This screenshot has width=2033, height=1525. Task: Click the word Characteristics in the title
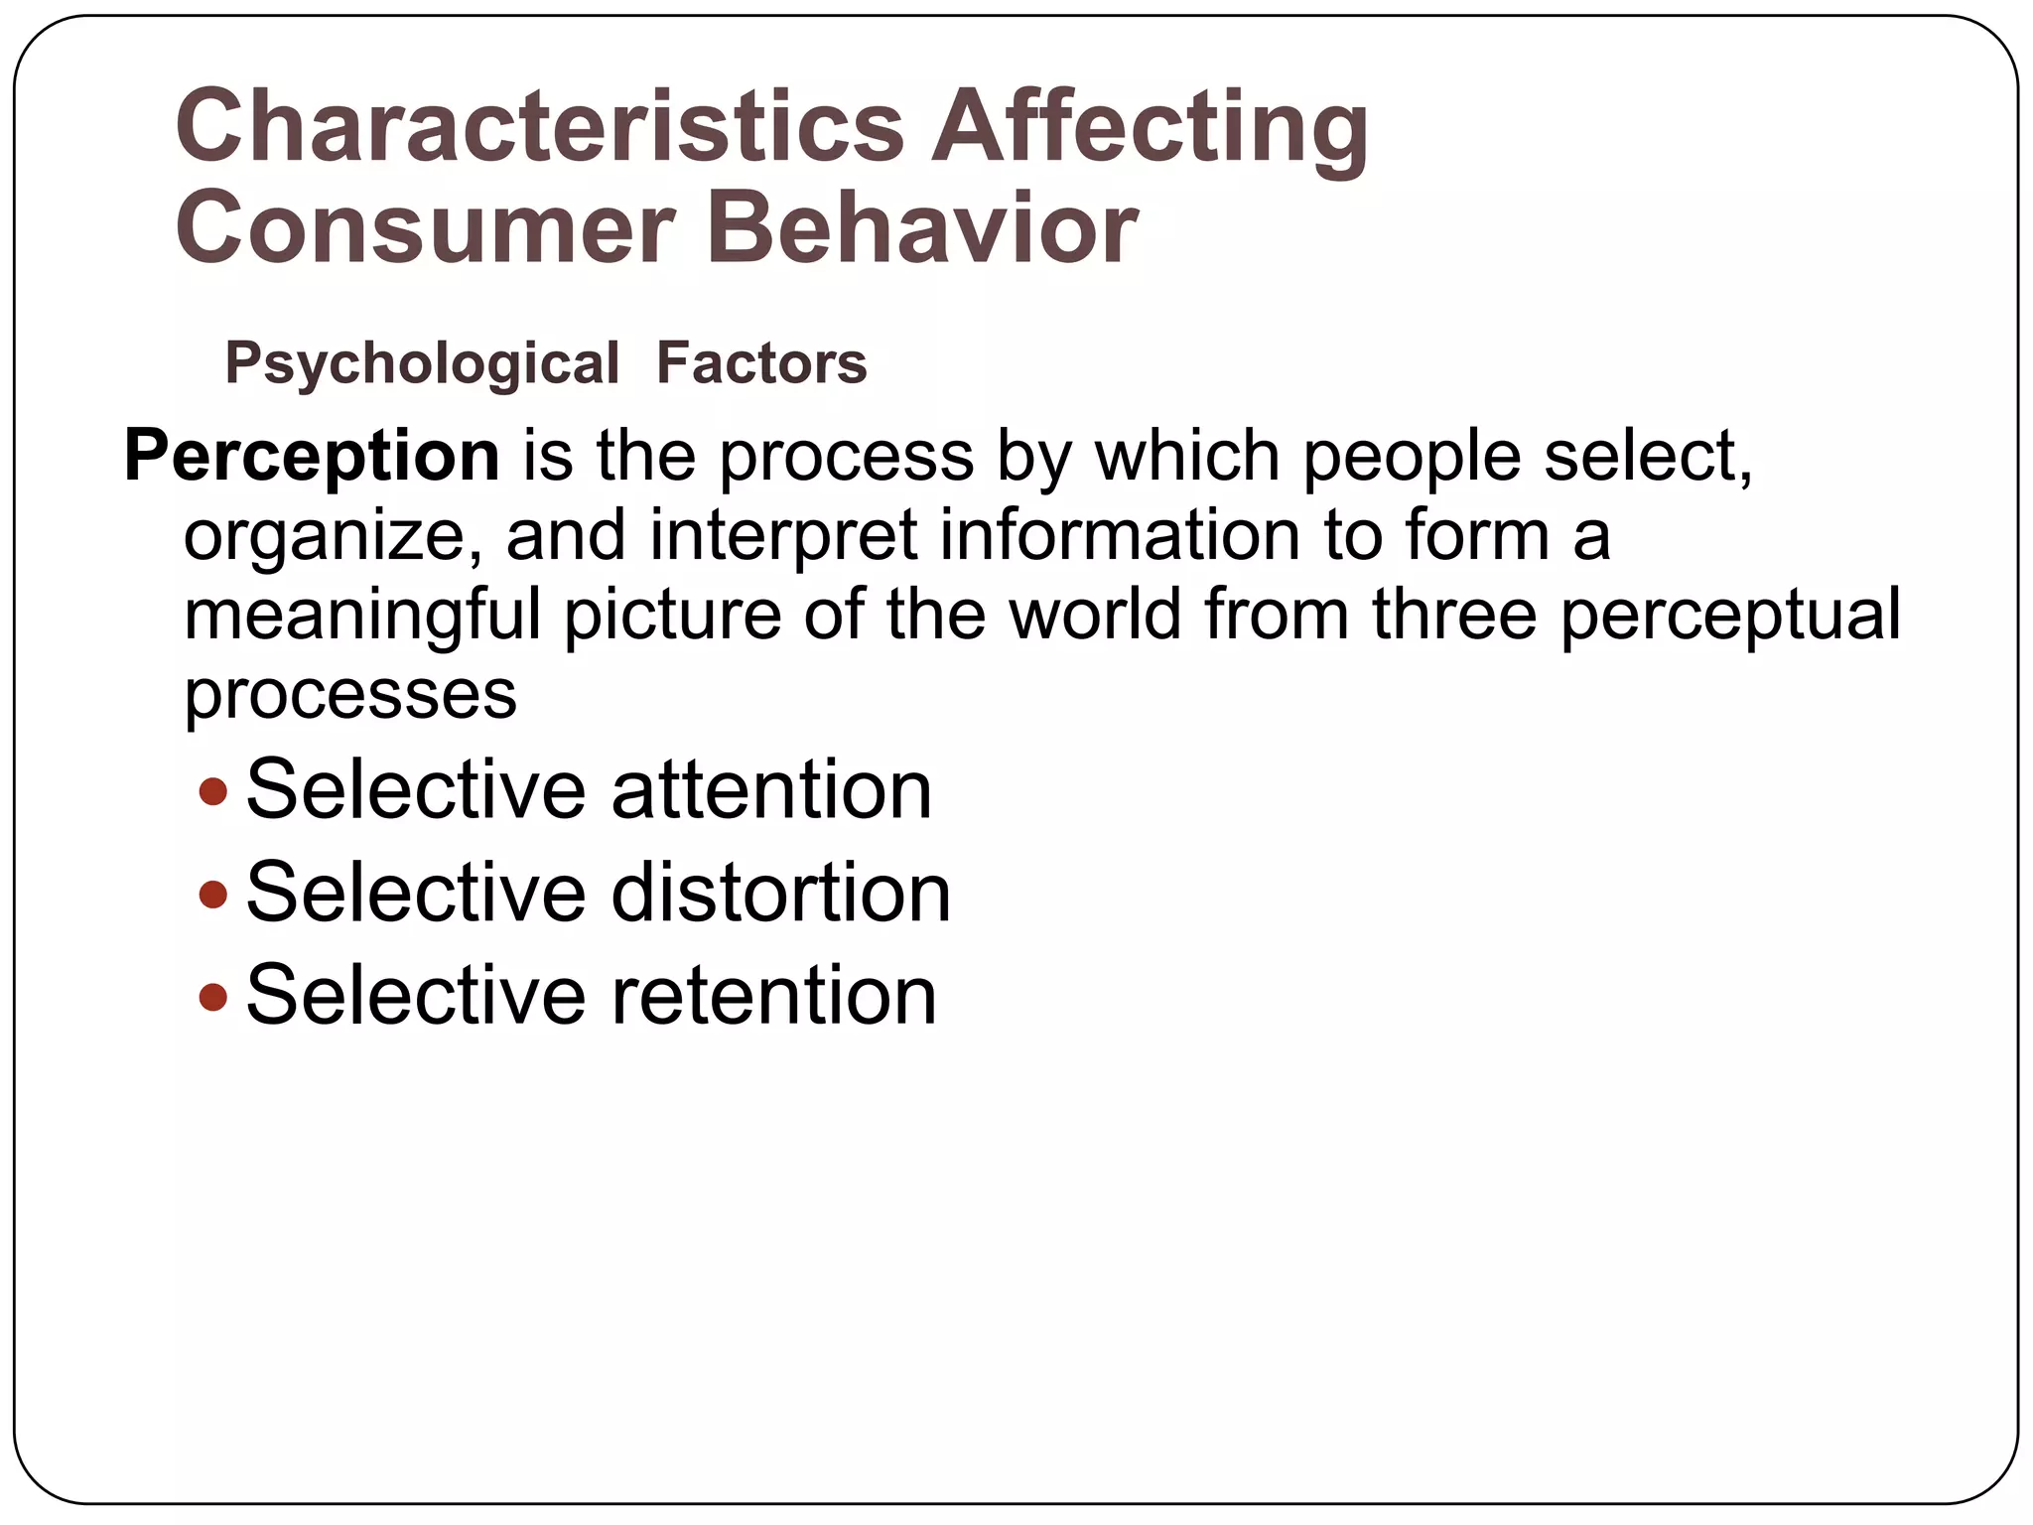539,127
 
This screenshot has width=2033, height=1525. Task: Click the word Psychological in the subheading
422,364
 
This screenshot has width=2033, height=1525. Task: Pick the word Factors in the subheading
761,363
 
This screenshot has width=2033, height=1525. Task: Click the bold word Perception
312,457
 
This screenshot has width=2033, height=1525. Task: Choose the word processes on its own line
350,694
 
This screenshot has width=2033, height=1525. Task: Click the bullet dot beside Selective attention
213,791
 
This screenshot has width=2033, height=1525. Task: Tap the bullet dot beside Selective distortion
213,895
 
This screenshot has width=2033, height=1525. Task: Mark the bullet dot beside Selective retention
213,996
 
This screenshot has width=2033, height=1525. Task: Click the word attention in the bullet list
771,790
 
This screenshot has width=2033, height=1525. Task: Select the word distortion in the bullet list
780,893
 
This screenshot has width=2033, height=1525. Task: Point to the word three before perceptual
1454,615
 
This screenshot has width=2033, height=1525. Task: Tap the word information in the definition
1119,535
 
